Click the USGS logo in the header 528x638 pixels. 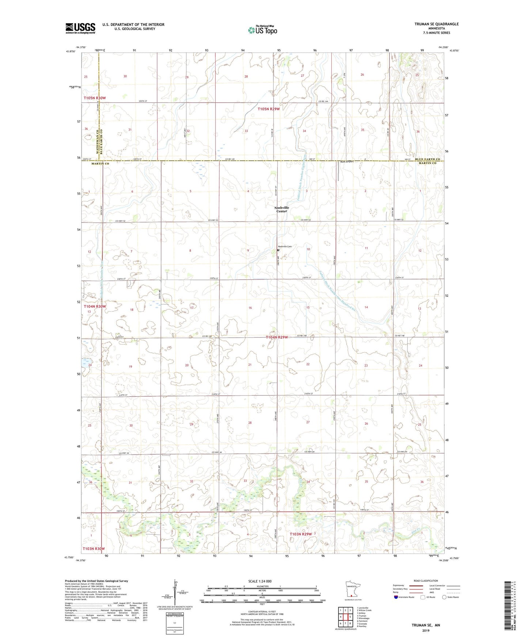[x=80, y=28]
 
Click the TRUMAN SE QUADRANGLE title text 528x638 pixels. [x=436, y=24]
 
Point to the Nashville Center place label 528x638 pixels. [x=282, y=209]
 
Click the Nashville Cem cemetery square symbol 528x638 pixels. [x=278, y=250]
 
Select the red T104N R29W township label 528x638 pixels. [x=279, y=337]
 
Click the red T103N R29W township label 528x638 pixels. [x=301, y=534]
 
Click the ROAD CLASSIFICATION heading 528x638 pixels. [x=426, y=581]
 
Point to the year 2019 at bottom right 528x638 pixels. [x=426, y=630]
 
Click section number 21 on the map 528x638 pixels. [x=250, y=365]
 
